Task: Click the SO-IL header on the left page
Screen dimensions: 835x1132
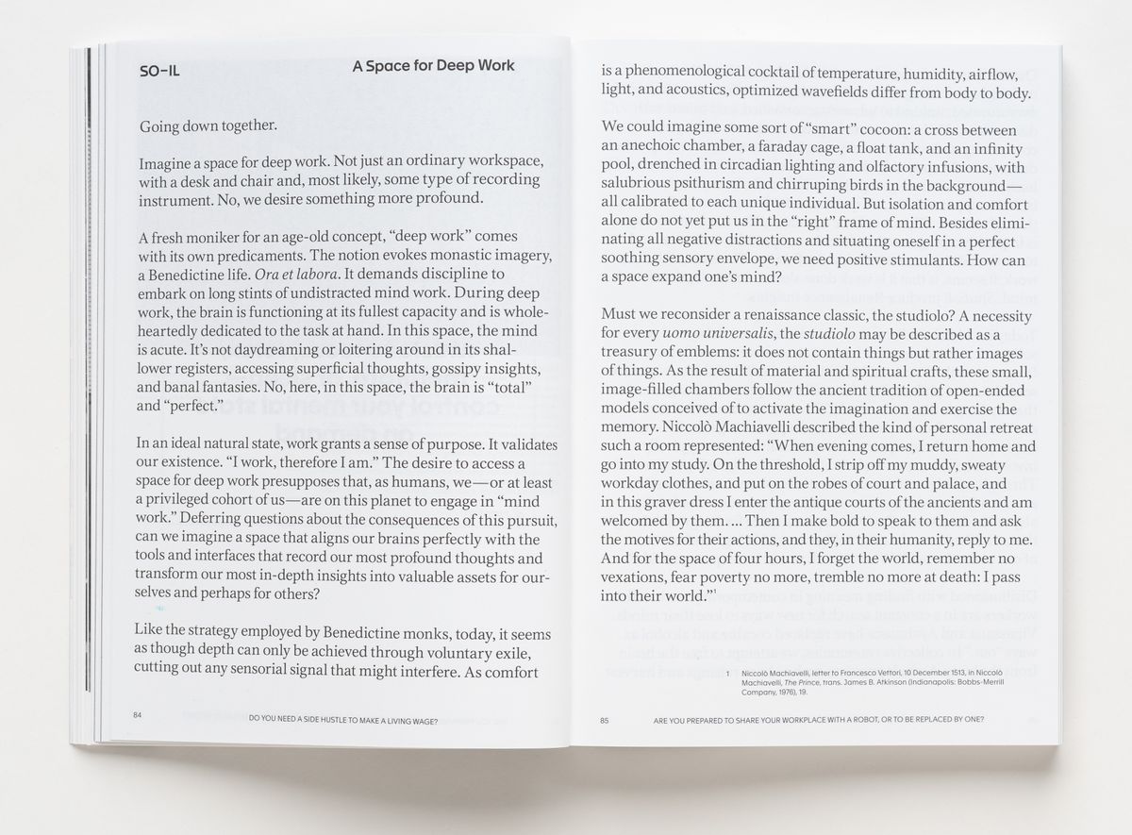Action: point(158,69)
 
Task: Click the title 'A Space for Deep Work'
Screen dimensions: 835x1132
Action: point(433,66)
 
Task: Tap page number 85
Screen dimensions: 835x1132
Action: point(605,721)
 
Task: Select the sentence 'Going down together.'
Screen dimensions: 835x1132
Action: point(208,125)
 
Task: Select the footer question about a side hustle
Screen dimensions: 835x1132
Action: point(343,721)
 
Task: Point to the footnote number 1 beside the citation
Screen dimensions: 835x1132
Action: point(729,673)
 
